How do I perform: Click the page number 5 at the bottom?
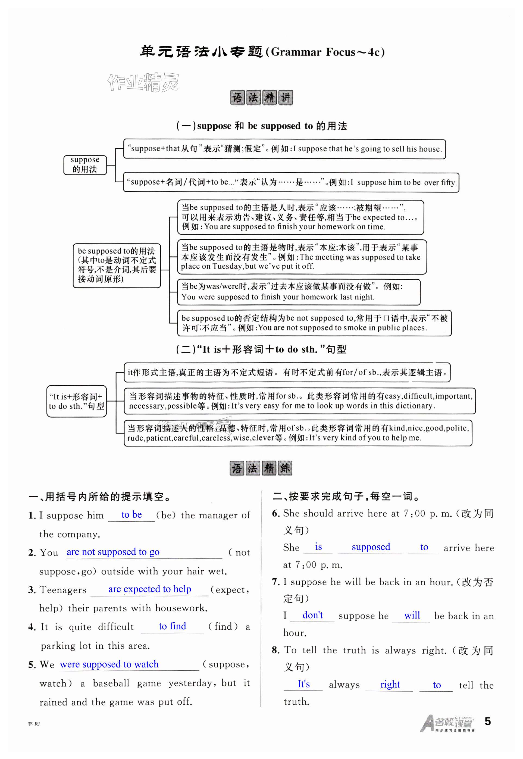tap(487, 721)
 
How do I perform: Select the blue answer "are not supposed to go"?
tap(113, 552)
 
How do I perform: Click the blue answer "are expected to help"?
tap(149, 589)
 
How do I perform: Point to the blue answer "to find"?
tap(172, 626)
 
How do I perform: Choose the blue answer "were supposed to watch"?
tap(109, 664)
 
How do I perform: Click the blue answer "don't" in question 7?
tap(313, 615)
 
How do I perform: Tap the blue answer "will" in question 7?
tap(412, 616)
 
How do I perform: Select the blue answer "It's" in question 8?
tap(303, 684)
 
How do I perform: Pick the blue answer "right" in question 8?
tap(390, 684)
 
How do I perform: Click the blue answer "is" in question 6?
tap(318, 547)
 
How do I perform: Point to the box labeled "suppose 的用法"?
tap(85, 165)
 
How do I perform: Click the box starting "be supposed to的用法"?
tap(117, 266)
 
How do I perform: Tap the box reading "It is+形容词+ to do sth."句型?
tap(76, 401)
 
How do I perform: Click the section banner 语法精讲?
tap(261, 98)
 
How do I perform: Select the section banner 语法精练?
tap(261, 468)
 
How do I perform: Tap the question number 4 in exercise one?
tap(32, 627)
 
